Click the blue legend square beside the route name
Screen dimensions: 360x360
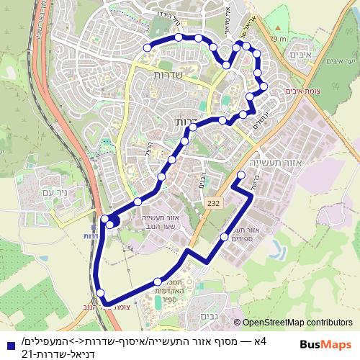[x=8, y=342]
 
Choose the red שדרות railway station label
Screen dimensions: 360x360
[x=91, y=236]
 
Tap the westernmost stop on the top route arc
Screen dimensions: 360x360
[x=148, y=47]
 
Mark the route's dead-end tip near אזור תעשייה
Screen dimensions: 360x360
[x=238, y=186]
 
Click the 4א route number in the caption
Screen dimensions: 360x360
[x=258, y=341]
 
